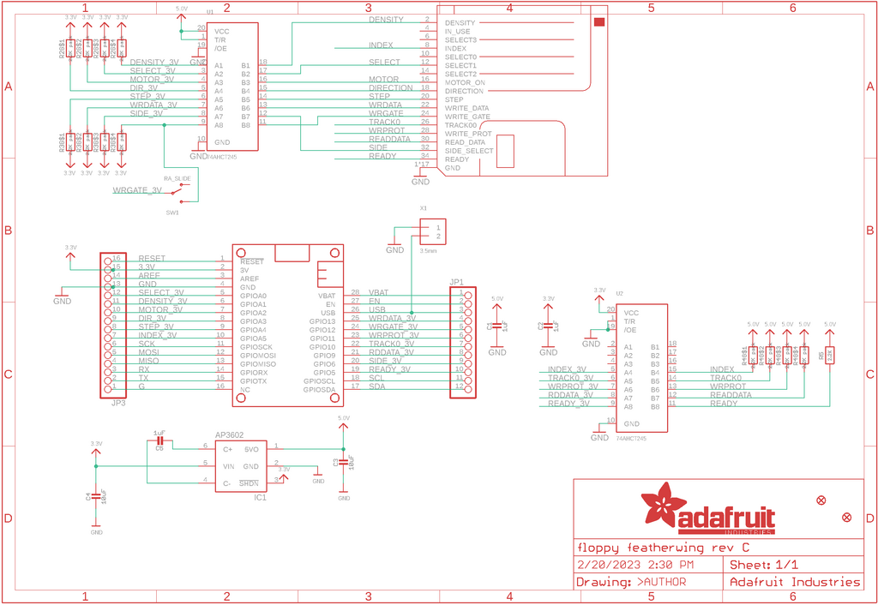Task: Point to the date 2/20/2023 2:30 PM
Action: click(635, 565)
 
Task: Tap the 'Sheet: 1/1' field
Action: click(763, 565)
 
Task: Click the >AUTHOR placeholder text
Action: click(661, 582)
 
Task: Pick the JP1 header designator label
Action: click(456, 282)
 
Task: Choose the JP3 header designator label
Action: click(118, 402)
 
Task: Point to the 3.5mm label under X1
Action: click(429, 251)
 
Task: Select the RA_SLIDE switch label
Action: click(176, 178)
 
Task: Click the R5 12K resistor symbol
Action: click(829, 355)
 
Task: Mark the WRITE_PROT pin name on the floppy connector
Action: click(468, 134)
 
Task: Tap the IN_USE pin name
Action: click(458, 31)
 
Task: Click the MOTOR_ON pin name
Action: click(465, 82)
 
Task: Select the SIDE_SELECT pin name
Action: click(469, 151)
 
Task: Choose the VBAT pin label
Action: click(326, 295)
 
